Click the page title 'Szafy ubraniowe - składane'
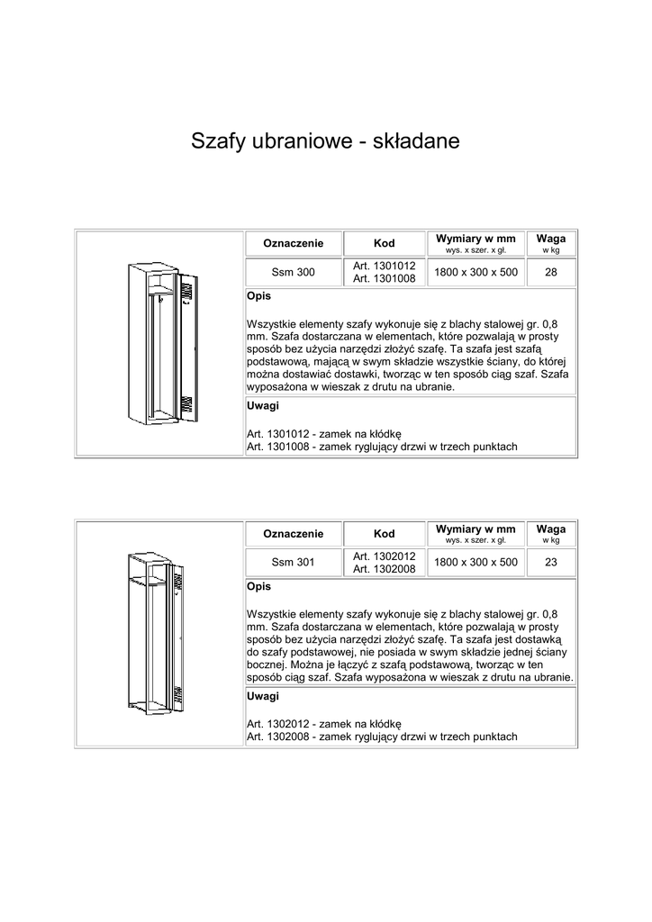point(325,141)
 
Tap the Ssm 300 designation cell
point(294,273)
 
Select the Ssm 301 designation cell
point(294,563)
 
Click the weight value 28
point(551,273)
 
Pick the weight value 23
point(551,563)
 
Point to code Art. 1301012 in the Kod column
point(384,267)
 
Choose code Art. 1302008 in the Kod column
point(384,569)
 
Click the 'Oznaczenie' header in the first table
point(294,244)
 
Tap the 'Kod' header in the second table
point(384,534)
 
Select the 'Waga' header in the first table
point(551,239)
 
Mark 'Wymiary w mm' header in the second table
point(475,529)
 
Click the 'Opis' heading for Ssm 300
point(258,296)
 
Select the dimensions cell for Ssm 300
point(475,273)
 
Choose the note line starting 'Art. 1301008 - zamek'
point(382,447)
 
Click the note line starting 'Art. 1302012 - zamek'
point(323,724)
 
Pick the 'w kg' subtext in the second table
point(551,540)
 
